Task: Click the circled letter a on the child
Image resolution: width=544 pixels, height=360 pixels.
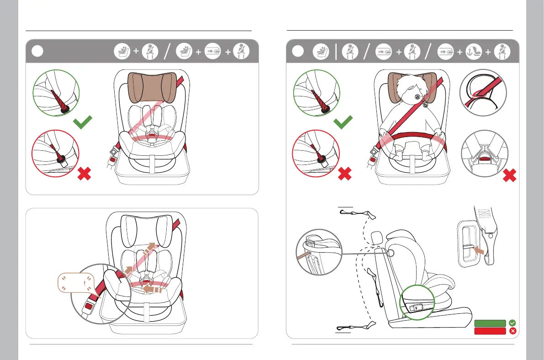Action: (417, 98)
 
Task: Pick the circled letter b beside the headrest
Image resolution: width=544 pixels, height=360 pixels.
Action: (426, 105)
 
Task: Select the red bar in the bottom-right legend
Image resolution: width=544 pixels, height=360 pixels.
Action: (490, 331)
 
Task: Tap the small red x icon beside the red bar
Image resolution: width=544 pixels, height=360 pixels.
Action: (512, 331)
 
